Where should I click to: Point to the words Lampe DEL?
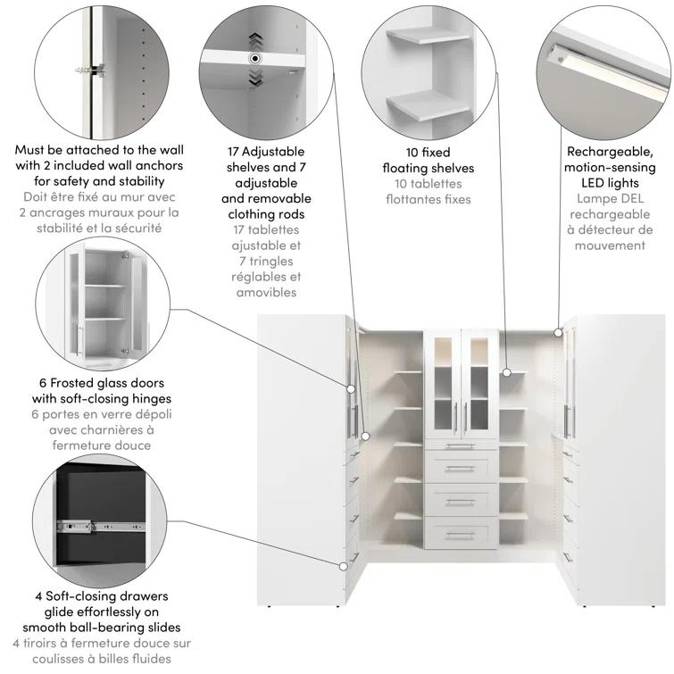tap(609, 198)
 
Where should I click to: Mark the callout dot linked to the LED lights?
tap(558, 332)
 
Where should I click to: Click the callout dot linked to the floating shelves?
tap(504, 371)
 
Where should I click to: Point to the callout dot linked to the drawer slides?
tap(345, 565)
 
